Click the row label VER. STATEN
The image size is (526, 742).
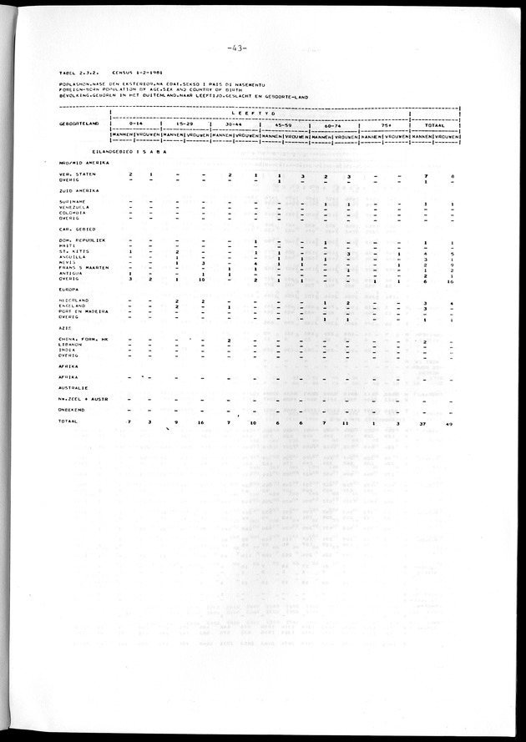click(71, 174)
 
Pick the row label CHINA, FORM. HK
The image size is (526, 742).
click(78, 340)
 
